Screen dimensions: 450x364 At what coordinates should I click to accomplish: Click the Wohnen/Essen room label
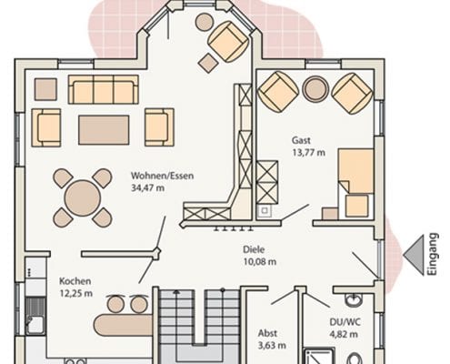tap(162, 176)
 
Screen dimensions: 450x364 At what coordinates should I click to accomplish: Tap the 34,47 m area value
tap(147, 187)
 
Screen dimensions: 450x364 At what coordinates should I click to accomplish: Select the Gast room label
tap(301, 140)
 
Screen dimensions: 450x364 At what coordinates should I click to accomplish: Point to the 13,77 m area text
tap(308, 152)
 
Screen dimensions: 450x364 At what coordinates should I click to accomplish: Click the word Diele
tap(254, 249)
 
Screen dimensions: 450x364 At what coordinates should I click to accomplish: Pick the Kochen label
tap(75, 281)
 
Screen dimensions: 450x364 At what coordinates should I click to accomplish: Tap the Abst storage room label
tap(267, 333)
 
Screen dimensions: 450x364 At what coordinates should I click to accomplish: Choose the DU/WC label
tap(345, 322)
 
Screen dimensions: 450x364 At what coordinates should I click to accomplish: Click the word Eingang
tap(434, 254)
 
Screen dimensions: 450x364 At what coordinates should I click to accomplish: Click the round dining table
tap(83, 198)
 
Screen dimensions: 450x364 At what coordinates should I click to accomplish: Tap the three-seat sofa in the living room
tap(104, 89)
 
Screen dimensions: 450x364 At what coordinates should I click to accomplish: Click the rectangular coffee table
tap(104, 130)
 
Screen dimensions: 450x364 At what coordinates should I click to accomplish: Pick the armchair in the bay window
tap(229, 42)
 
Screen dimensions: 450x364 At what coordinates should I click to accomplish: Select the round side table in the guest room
tap(315, 89)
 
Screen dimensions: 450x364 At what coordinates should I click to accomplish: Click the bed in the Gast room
tap(355, 183)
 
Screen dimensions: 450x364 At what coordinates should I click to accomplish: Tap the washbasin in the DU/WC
tap(353, 299)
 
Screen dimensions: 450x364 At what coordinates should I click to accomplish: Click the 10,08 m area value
tap(260, 261)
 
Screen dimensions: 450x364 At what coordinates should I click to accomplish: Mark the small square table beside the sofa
tap(45, 89)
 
